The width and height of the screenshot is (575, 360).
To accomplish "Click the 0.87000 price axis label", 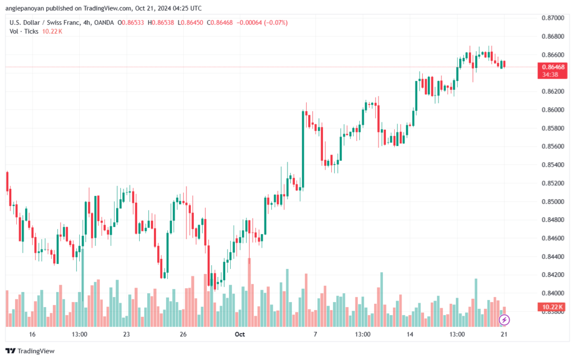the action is click(x=553, y=18).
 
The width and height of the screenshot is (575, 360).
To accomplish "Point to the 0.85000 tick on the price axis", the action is click(x=553, y=201).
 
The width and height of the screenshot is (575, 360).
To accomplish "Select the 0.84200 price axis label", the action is click(x=553, y=275).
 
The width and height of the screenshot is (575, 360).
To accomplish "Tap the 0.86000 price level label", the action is click(x=553, y=110).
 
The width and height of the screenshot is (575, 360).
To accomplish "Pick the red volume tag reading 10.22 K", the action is click(x=553, y=307).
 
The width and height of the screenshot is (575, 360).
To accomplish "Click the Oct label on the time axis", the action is click(x=239, y=334).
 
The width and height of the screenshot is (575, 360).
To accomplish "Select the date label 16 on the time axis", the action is click(x=32, y=334).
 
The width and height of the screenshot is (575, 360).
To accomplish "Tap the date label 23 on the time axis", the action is click(x=126, y=334).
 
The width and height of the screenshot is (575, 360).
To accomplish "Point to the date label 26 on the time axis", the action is click(x=183, y=334).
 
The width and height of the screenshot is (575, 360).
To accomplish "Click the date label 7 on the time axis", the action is click(x=315, y=334).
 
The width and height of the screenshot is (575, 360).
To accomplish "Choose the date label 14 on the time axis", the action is click(x=409, y=334).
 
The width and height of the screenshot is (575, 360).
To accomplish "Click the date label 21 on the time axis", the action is click(x=504, y=334).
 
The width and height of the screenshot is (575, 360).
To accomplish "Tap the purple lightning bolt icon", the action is click(x=504, y=320).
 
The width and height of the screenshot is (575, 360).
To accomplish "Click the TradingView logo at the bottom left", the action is click(x=30, y=351).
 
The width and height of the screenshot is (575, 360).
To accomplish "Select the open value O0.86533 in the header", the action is click(x=130, y=22).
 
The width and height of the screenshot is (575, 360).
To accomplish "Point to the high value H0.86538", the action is click(x=161, y=22).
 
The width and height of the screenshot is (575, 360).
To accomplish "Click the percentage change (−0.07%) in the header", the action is click(x=275, y=22).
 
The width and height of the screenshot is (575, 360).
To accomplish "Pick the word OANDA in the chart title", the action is click(x=104, y=22).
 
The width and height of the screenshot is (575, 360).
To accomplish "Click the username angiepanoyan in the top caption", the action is click(x=25, y=8).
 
